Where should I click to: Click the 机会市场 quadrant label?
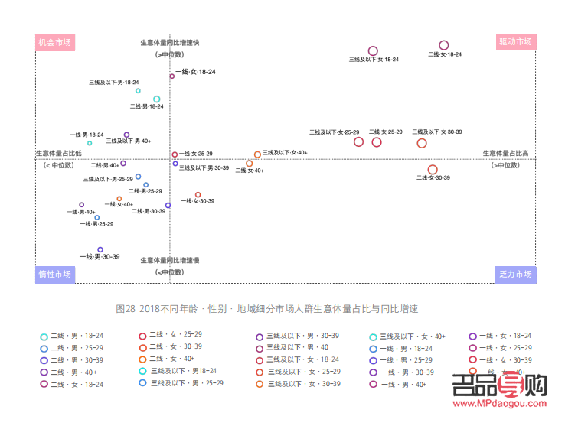[55, 42]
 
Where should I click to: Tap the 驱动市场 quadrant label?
[515, 42]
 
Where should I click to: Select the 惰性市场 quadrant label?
[55, 274]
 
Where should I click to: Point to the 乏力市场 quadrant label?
[515, 274]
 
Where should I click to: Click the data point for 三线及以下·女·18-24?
[373, 51]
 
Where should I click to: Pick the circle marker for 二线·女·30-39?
[433, 169]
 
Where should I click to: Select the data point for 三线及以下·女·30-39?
[422, 143]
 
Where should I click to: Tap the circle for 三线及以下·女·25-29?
[358, 141]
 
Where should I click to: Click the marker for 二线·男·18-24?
[157, 99]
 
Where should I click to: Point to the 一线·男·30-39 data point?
[100, 249]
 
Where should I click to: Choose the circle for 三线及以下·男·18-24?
[138, 90]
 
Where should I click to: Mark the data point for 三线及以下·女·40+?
[257, 154]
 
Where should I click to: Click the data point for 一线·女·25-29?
[175, 154]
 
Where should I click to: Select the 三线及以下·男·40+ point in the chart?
[127, 135]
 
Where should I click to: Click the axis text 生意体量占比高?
[505, 154]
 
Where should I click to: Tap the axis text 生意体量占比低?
[58, 154]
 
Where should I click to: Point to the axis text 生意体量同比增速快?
[169, 43]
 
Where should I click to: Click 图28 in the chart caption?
[125, 309]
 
